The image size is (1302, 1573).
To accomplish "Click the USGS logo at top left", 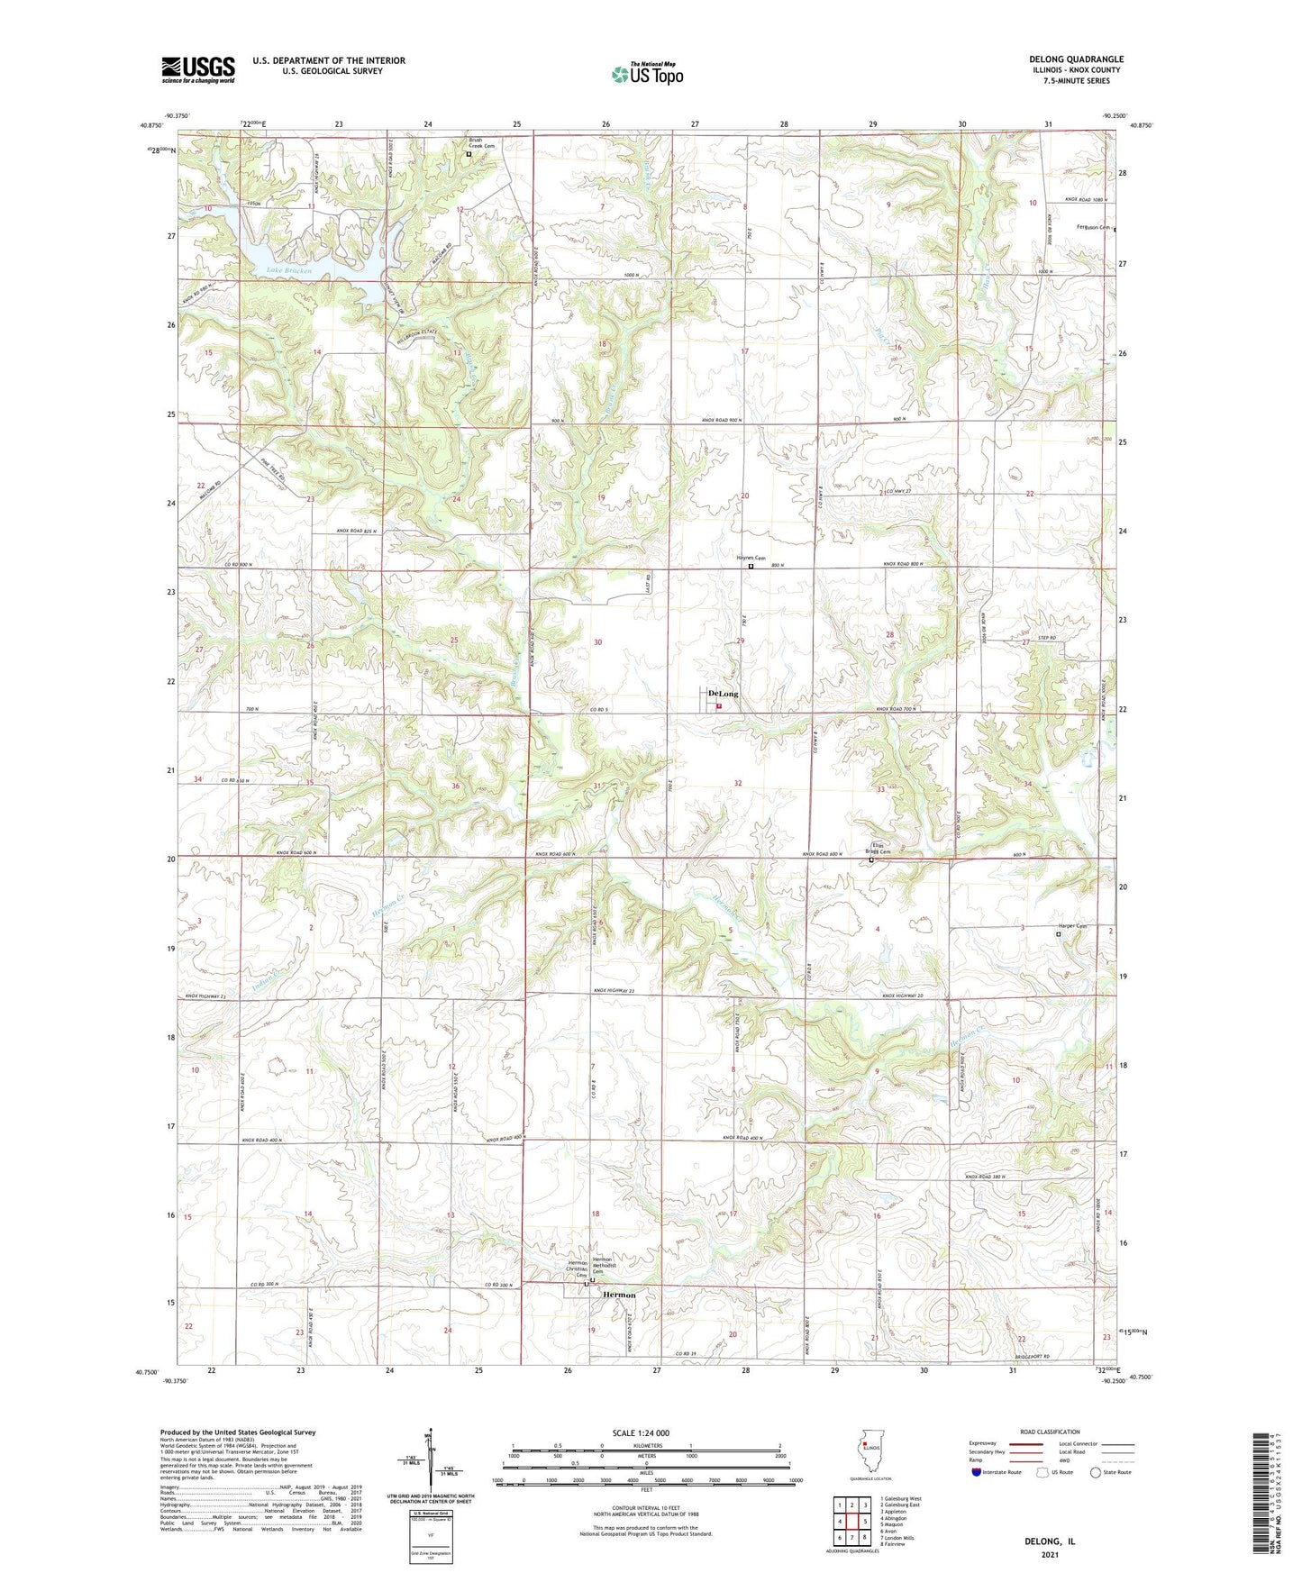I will (198, 69).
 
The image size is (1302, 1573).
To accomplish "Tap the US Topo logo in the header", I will (647, 74).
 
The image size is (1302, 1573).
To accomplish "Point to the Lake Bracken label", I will (287, 269).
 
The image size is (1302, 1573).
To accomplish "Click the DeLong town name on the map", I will (723, 694).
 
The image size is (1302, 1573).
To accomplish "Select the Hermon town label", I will (618, 1295).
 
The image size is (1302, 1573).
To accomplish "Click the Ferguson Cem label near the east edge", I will (1093, 228).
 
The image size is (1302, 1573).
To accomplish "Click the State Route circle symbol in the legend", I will (1095, 1472).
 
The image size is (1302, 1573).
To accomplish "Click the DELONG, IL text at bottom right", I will (1049, 1541).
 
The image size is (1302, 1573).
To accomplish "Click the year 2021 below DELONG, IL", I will (1049, 1554).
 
